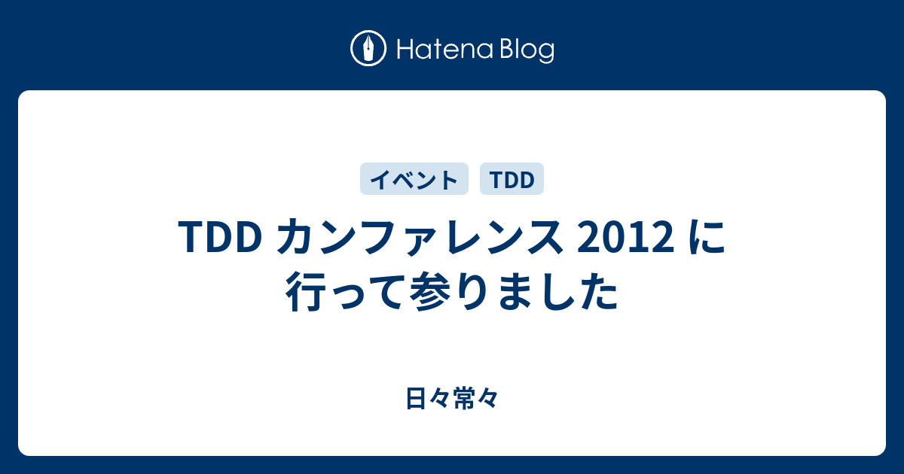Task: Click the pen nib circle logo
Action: [x=368, y=48]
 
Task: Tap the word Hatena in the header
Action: [x=444, y=49]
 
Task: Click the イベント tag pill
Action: [x=414, y=179]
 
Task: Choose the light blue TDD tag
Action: [x=512, y=179]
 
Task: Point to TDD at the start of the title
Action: [x=220, y=237]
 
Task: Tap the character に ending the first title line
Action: [x=707, y=237]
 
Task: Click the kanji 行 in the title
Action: [x=305, y=292]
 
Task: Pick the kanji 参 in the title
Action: [x=430, y=292]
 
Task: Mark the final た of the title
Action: [x=599, y=292]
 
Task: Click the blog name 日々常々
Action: [x=452, y=398]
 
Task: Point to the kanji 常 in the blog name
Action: [x=464, y=398]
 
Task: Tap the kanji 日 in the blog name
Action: [x=416, y=398]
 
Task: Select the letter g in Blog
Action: [x=546, y=54]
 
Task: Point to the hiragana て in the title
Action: [x=382, y=293]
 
